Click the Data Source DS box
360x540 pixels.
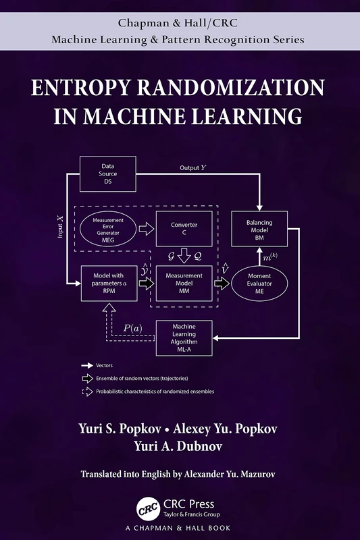point(107,173)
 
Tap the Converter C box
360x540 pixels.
point(184,228)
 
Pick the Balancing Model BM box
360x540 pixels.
point(260,229)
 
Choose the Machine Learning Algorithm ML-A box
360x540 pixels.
point(184,335)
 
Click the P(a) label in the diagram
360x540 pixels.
point(132,328)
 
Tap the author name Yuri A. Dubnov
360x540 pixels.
point(180,446)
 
